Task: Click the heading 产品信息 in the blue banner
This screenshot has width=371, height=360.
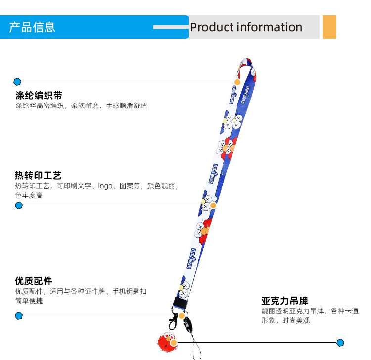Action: pyautogui.click(x=32, y=27)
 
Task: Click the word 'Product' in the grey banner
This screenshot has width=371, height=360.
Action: pyautogui.click(x=211, y=27)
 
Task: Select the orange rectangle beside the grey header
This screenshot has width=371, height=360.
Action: pyautogui.click(x=329, y=27)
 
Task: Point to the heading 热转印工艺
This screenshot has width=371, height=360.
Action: pyautogui.click(x=38, y=176)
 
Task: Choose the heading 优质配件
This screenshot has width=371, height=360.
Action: pyautogui.click(x=33, y=281)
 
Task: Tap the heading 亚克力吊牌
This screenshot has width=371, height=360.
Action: pyautogui.click(x=284, y=301)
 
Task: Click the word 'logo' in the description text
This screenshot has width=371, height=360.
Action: pyautogui.click(x=105, y=186)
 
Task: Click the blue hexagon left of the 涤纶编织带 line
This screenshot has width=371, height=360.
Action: pyautogui.click(x=18, y=82)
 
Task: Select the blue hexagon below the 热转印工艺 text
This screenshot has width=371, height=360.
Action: pyautogui.click(x=19, y=206)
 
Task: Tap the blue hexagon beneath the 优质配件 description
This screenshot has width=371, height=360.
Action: pyautogui.click(x=19, y=315)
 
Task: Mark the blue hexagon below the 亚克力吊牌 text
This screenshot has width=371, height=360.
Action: pyautogui.click(x=340, y=342)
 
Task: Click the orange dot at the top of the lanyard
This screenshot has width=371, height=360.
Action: pyautogui.click(x=237, y=82)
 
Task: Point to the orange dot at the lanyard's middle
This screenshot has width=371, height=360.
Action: pyautogui.click(x=213, y=206)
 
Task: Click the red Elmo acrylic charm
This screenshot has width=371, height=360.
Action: pyautogui.click(x=166, y=342)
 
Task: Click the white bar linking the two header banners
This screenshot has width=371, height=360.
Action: pyautogui.click(x=171, y=27)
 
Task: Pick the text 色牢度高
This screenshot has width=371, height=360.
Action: pyautogui.click(x=29, y=196)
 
